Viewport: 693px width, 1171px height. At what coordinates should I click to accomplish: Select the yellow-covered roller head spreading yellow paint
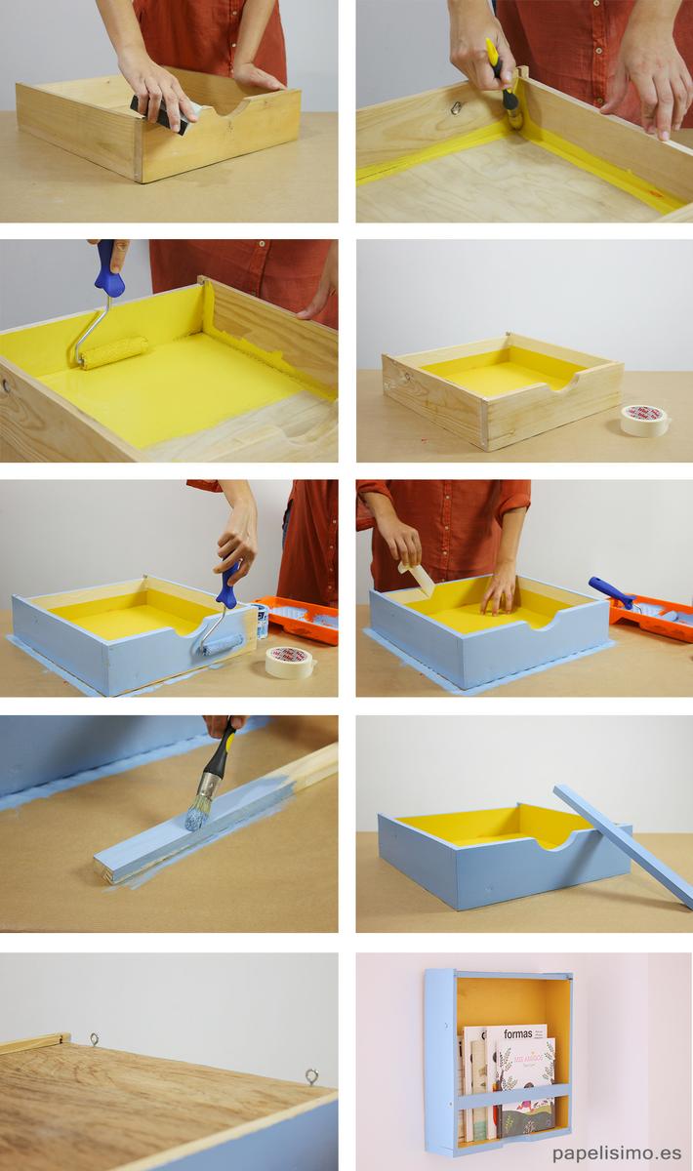coord(113,352)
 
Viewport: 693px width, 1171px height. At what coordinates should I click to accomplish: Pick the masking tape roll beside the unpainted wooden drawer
coord(644,420)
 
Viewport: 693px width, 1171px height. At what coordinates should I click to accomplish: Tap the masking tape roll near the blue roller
coord(290,662)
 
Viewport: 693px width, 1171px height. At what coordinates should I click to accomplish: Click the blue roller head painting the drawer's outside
coord(223,644)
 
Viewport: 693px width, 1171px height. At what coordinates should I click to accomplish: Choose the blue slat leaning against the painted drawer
coord(625,845)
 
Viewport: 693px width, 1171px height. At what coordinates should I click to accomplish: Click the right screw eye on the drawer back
coord(311,1076)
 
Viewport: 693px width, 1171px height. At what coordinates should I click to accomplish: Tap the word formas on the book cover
coord(518,1033)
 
